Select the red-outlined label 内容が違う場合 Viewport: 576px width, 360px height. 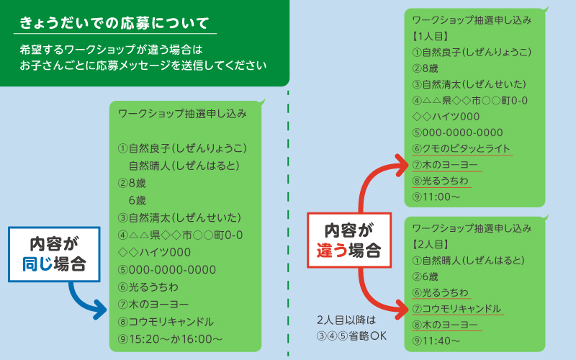point(349,240)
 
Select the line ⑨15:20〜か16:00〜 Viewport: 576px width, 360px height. point(170,338)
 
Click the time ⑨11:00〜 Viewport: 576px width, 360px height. point(436,197)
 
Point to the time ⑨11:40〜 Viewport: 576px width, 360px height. point(436,341)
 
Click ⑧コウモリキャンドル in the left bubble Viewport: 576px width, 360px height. point(166,321)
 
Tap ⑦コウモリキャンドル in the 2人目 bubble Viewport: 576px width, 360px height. point(457,309)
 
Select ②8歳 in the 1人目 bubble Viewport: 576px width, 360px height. point(426,68)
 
